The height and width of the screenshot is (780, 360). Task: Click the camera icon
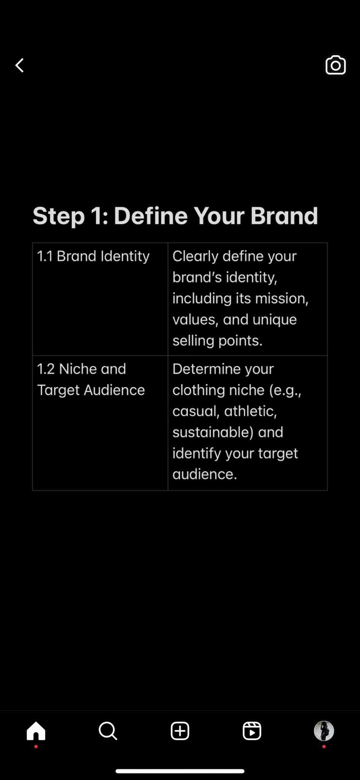pos(336,65)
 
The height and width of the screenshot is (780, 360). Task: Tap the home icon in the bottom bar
pos(36,730)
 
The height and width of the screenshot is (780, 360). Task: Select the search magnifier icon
pos(108,731)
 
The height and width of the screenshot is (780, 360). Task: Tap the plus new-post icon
pos(180,731)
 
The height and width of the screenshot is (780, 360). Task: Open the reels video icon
pos(252,731)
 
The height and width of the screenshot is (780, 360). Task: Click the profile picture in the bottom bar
pos(324,731)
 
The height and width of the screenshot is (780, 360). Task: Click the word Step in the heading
pos(59,216)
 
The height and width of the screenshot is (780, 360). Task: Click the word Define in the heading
pos(151,216)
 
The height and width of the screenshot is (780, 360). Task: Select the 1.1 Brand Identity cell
pos(100,299)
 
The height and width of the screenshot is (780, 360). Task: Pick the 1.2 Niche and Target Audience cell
pos(100,423)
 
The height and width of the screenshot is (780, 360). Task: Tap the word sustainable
pos(213,432)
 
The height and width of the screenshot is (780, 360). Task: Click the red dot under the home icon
pos(36,746)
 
